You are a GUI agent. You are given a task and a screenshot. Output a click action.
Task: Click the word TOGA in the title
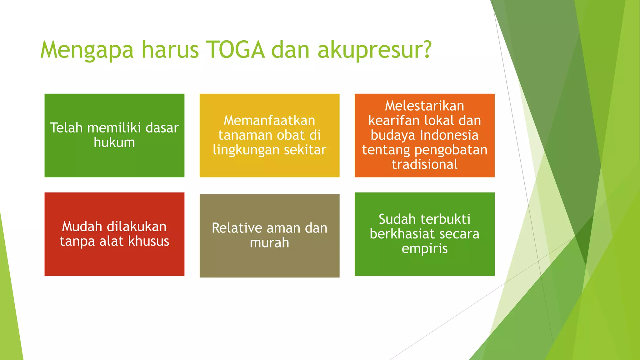tap(236, 50)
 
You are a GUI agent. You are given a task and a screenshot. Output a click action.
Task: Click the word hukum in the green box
tap(114, 142)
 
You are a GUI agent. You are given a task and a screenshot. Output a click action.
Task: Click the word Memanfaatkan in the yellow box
tap(269, 121)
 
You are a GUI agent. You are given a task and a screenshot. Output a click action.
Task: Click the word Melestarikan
tap(424, 106)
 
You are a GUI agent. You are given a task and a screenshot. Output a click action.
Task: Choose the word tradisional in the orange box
tap(424, 164)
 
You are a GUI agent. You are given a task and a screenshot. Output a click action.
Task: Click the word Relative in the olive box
tap(237, 228)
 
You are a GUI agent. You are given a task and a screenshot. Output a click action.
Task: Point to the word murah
tap(269, 243)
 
